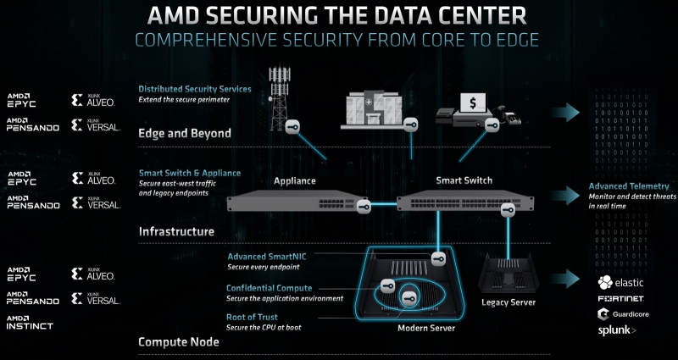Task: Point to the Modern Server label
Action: coord(426,327)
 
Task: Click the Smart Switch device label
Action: coord(464,180)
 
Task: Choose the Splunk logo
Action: coord(617,330)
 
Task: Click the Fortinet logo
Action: coord(621,299)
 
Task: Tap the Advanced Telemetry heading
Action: coord(629,186)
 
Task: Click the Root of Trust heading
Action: coord(253,318)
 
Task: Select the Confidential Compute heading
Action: coord(269,288)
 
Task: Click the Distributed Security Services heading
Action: coord(195,88)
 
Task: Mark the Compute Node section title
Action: coord(179,341)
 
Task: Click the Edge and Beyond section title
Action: coord(185,133)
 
